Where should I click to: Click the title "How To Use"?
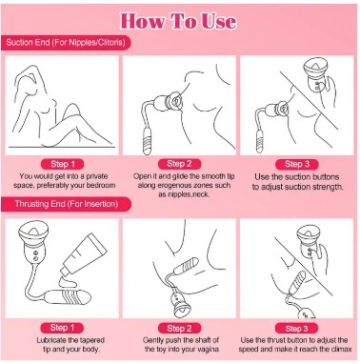178,21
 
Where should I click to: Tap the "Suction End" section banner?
66,43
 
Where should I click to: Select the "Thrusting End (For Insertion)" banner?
66,204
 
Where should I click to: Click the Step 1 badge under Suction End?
63,164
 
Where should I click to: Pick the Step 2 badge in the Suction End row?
179,164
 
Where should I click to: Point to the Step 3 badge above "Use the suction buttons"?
297,164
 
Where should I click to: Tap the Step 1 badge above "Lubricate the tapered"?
62,328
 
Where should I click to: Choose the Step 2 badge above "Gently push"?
179,328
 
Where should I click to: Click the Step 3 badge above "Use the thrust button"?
297,329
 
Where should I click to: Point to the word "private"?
97,176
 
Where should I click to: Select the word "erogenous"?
168,185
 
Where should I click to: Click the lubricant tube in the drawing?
82,254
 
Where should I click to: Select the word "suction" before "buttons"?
290,177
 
